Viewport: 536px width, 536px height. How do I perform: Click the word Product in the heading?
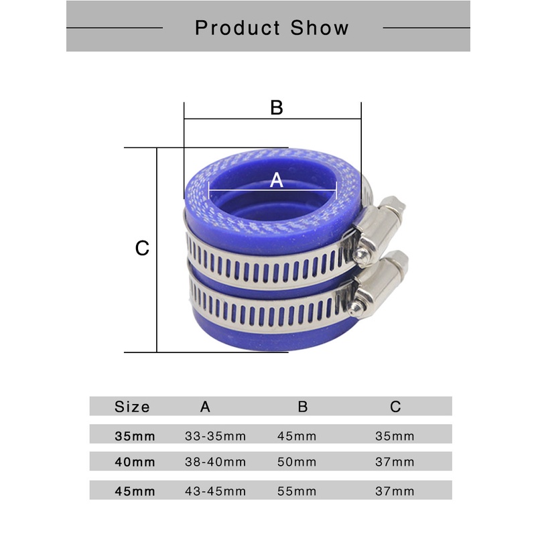click(237, 28)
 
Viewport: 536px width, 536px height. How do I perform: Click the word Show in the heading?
click(320, 27)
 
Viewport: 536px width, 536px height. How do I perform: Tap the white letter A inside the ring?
click(276, 180)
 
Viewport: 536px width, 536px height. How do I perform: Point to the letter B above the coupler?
click(277, 107)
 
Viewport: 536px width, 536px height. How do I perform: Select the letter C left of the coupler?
click(142, 248)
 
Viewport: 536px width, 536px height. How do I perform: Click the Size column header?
click(132, 407)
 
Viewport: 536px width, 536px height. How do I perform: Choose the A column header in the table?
click(205, 407)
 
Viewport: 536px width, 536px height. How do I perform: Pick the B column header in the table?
click(303, 407)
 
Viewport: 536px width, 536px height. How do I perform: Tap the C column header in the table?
click(395, 407)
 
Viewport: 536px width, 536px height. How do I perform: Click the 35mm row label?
click(135, 436)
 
